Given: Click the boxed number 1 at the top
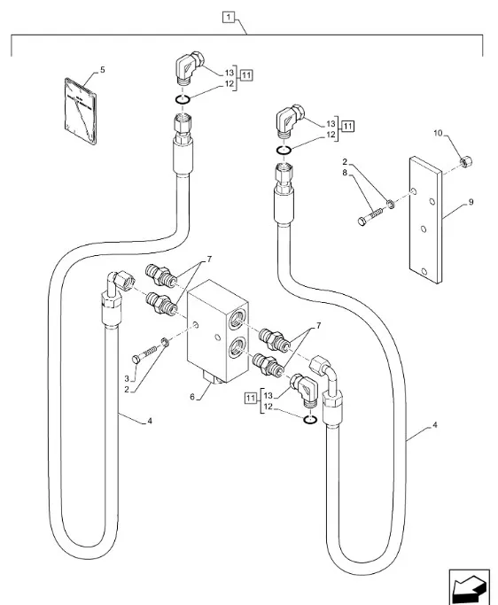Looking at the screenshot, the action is [x=229, y=17].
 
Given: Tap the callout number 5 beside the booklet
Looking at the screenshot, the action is [x=102, y=70].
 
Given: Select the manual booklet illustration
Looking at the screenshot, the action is [x=81, y=111].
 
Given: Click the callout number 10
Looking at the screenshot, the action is [x=438, y=133].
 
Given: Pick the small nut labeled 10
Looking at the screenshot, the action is [x=466, y=161].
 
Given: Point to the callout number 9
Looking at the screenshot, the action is [x=471, y=202].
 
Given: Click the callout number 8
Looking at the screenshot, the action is [x=345, y=173].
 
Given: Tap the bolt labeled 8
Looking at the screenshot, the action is [x=370, y=217].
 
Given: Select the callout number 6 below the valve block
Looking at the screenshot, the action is [x=192, y=397].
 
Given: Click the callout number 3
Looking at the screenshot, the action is [x=127, y=378].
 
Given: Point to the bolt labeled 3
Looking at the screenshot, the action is [x=144, y=354].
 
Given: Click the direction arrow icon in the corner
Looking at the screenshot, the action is [x=469, y=586].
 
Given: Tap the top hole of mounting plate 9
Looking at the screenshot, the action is [x=414, y=191].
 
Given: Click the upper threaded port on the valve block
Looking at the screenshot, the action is [x=236, y=321].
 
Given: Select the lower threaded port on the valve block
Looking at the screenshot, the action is [x=236, y=348].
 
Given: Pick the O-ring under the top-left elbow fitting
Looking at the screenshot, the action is [x=183, y=99].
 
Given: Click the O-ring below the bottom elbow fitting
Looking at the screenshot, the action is [x=310, y=420].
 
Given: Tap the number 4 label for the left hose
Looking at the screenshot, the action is [x=150, y=421].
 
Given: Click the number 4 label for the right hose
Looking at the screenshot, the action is [x=435, y=425].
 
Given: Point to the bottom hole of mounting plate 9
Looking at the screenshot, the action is [x=424, y=272].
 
